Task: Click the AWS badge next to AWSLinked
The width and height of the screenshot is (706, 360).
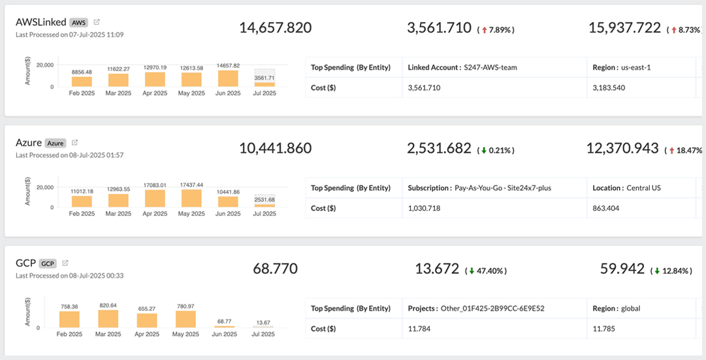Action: coord(78,22)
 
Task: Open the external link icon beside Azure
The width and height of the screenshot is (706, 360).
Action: coord(75,142)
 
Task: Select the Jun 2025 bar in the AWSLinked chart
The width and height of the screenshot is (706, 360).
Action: coord(228,78)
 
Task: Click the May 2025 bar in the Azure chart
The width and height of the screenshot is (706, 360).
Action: coord(191,199)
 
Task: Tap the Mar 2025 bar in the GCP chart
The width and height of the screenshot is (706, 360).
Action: coord(108,319)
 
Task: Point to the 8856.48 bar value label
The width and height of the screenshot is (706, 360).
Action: coord(82,72)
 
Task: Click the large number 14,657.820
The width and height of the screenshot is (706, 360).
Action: coord(275,27)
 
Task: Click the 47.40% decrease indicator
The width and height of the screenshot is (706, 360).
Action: coord(485,270)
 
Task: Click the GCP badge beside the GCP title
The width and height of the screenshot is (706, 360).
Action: coord(48,263)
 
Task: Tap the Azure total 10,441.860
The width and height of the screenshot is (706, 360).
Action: coord(275,148)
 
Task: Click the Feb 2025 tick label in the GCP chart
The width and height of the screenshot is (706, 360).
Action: coord(69,334)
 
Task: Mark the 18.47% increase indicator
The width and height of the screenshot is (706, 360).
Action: coord(684,150)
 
